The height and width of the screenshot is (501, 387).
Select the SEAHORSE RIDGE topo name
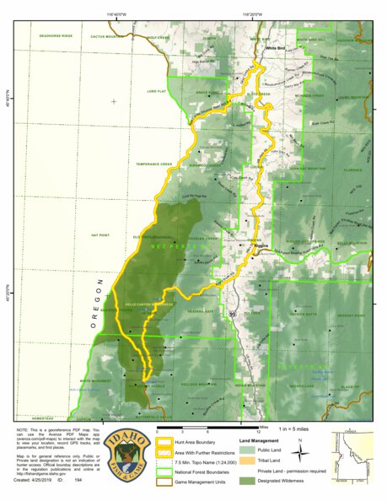[x=56, y=36]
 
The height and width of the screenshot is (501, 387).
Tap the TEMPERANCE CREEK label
[x=154, y=164]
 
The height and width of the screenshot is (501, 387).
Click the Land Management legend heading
[x=260, y=440]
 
